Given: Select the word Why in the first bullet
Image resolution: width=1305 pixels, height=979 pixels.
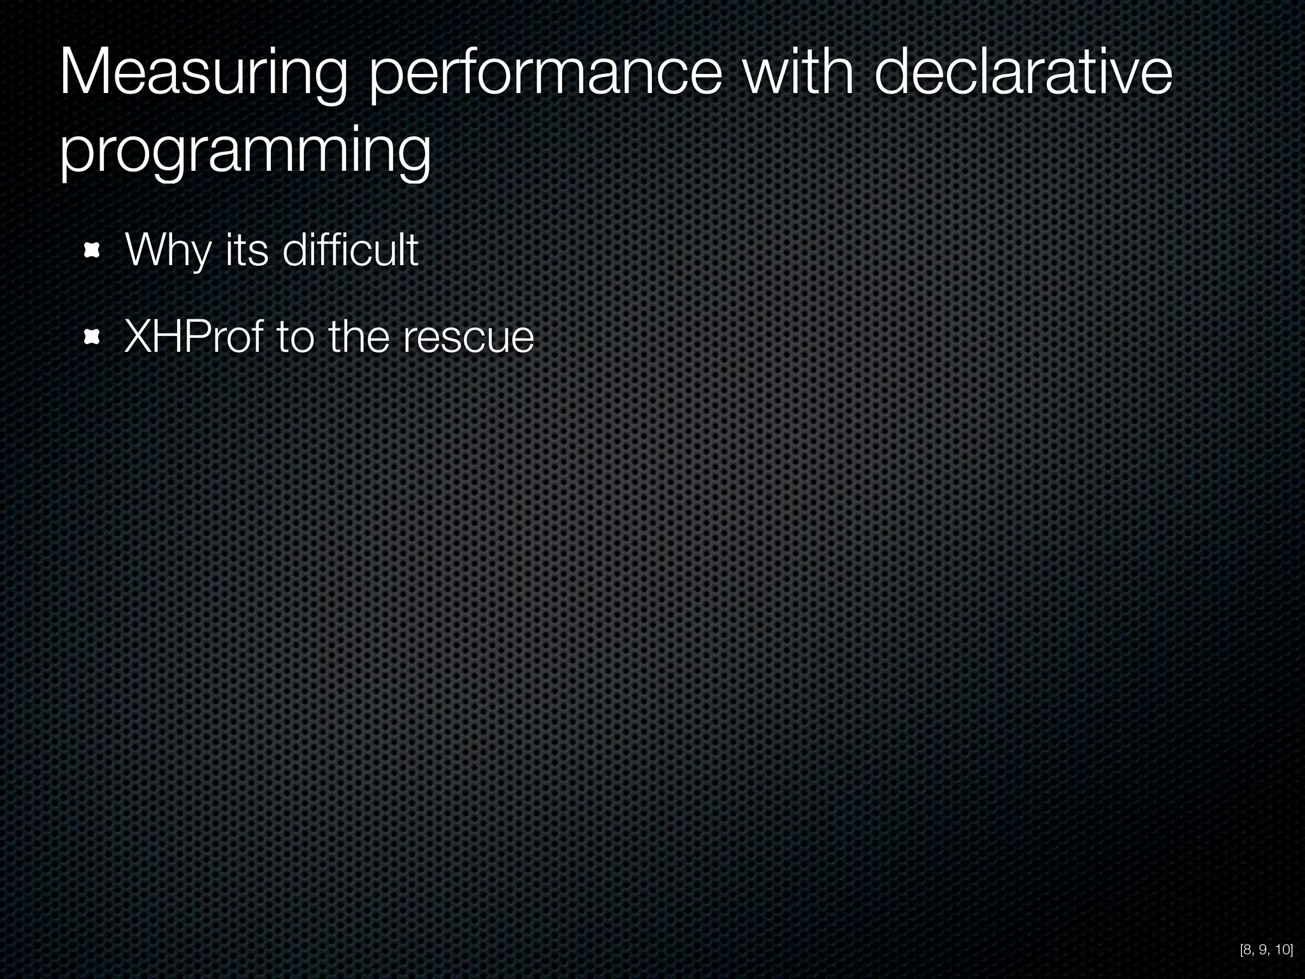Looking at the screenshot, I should pos(168,251).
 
